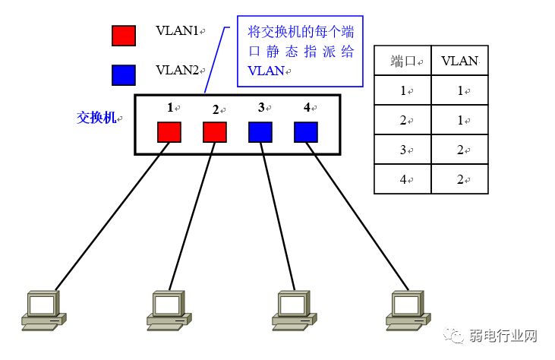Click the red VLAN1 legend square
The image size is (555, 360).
pyautogui.click(x=124, y=36)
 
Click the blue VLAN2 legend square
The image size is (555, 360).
pyautogui.click(x=124, y=74)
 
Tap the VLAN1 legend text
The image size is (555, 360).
pyautogui.click(x=177, y=31)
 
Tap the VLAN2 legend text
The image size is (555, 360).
pyautogui.click(x=177, y=70)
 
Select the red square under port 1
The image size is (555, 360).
pyautogui.click(x=169, y=131)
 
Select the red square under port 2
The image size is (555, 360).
pyautogui.click(x=215, y=131)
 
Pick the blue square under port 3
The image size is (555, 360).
pyautogui.click(x=260, y=131)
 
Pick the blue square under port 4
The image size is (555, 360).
pyautogui.click(x=305, y=131)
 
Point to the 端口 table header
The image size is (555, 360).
pyautogui.click(x=403, y=62)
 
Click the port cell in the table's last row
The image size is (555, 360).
pyautogui.click(x=403, y=179)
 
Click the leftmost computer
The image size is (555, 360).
pyautogui.click(x=43, y=308)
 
